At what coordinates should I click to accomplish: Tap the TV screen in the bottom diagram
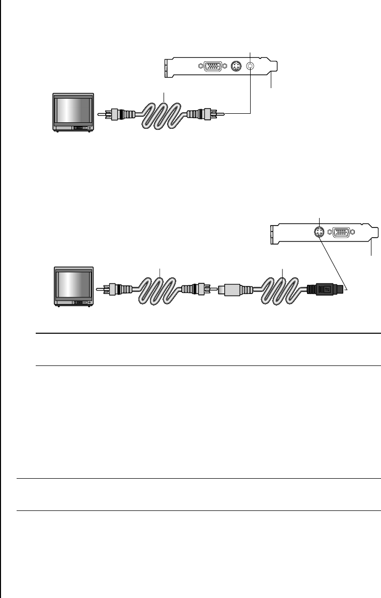pyautogui.click(x=73, y=286)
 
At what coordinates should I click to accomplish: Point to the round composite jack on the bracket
pyautogui.click(x=250, y=66)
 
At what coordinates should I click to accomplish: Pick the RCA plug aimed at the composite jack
pyautogui.click(x=203, y=115)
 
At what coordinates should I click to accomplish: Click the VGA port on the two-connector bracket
pyautogui.click(x=342, y=233)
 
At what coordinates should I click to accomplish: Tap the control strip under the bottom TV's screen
pyautogui.click(x=81, y=303)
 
